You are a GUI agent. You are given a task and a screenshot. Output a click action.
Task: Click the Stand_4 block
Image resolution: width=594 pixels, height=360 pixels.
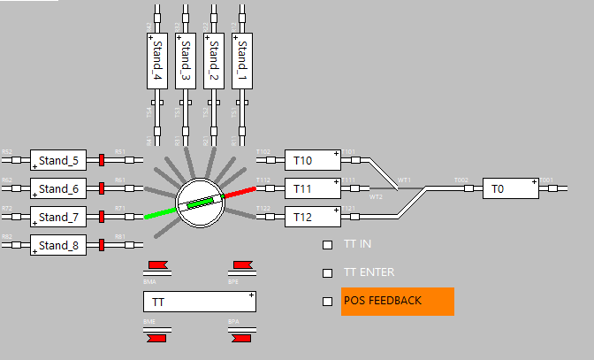click(156, 61)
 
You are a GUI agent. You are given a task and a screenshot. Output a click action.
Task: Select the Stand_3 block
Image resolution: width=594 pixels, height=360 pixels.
click(185, 61)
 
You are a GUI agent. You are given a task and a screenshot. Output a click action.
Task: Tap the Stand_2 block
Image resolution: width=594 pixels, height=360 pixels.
click(213, 61)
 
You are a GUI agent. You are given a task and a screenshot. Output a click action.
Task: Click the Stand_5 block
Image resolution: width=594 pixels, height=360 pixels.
click(58, 160)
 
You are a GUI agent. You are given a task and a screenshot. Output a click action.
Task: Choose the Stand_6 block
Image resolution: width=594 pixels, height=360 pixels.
click(58, 188)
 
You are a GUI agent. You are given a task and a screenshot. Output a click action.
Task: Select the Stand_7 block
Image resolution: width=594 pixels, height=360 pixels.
click(58, 217)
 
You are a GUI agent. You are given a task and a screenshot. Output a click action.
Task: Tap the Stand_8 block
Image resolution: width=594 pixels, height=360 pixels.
click(58, 245)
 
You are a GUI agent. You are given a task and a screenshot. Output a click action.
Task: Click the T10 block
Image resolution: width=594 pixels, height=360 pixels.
click(312, 160)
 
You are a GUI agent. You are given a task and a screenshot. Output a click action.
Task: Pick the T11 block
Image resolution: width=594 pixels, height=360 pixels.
click(312, 188)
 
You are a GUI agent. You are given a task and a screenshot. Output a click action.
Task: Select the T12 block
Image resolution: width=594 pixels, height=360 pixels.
click(312, 217)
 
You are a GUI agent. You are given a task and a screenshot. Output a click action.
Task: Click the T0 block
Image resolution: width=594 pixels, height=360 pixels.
click(510, 188)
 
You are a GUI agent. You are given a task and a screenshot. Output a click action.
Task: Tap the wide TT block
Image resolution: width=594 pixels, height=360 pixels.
click(200, 302)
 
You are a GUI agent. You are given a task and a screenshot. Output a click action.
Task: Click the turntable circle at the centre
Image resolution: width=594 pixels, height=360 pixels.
click(200, 203)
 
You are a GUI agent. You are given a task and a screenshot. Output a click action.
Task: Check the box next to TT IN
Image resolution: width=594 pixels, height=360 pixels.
click(327, 245)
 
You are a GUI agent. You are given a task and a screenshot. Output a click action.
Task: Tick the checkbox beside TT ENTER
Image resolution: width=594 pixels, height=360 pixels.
click(327, 273)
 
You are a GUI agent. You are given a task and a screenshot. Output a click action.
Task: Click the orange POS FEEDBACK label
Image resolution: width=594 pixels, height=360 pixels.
click(397, 301)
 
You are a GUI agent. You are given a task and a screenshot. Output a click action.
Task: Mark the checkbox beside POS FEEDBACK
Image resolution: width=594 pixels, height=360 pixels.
click(327, 302)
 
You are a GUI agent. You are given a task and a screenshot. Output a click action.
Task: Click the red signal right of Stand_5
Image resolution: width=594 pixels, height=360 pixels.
click(102, 160)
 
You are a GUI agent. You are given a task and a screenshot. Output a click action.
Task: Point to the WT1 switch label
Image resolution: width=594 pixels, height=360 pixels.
click(404, 180)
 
